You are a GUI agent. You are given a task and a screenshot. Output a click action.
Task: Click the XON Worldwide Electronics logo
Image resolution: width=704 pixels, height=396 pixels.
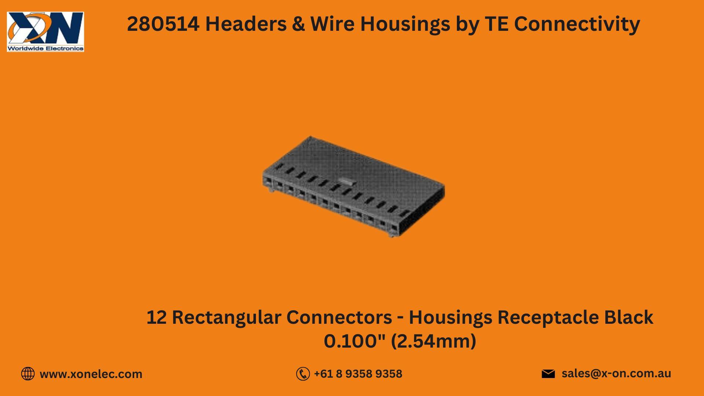(x=45, y=32)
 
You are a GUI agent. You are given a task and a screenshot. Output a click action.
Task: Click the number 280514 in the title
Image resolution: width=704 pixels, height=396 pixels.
(x=163, y=24)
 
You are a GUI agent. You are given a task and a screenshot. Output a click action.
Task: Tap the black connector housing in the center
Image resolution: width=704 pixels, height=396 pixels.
(x=353, y=187)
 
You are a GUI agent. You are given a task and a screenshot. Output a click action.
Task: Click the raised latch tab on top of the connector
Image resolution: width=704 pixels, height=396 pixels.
(x=346, y=180)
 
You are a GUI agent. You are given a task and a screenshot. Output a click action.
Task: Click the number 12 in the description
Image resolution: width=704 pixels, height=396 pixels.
(x=157, y=318)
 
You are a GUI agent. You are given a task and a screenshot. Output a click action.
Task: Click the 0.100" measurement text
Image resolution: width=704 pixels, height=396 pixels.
(x=355, y=341)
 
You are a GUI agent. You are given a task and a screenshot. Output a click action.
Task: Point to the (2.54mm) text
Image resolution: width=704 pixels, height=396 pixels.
(x=433, y=341)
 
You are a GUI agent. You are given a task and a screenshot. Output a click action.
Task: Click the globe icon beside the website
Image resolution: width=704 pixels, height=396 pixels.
(x=28, y=374)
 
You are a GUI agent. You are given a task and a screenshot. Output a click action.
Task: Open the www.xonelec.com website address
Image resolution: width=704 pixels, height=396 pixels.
(x=91, y=374)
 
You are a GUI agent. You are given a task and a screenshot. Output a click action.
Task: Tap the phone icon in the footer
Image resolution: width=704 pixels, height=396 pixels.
(x=303, y=374)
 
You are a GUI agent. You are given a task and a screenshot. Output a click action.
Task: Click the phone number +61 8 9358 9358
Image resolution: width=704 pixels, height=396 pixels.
(x=358, y=374)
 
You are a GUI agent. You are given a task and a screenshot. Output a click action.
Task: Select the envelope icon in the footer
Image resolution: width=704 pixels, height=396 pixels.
(x=548, y=374)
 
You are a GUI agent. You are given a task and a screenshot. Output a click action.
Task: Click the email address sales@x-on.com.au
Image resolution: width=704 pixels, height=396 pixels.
(x=616, y=373)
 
